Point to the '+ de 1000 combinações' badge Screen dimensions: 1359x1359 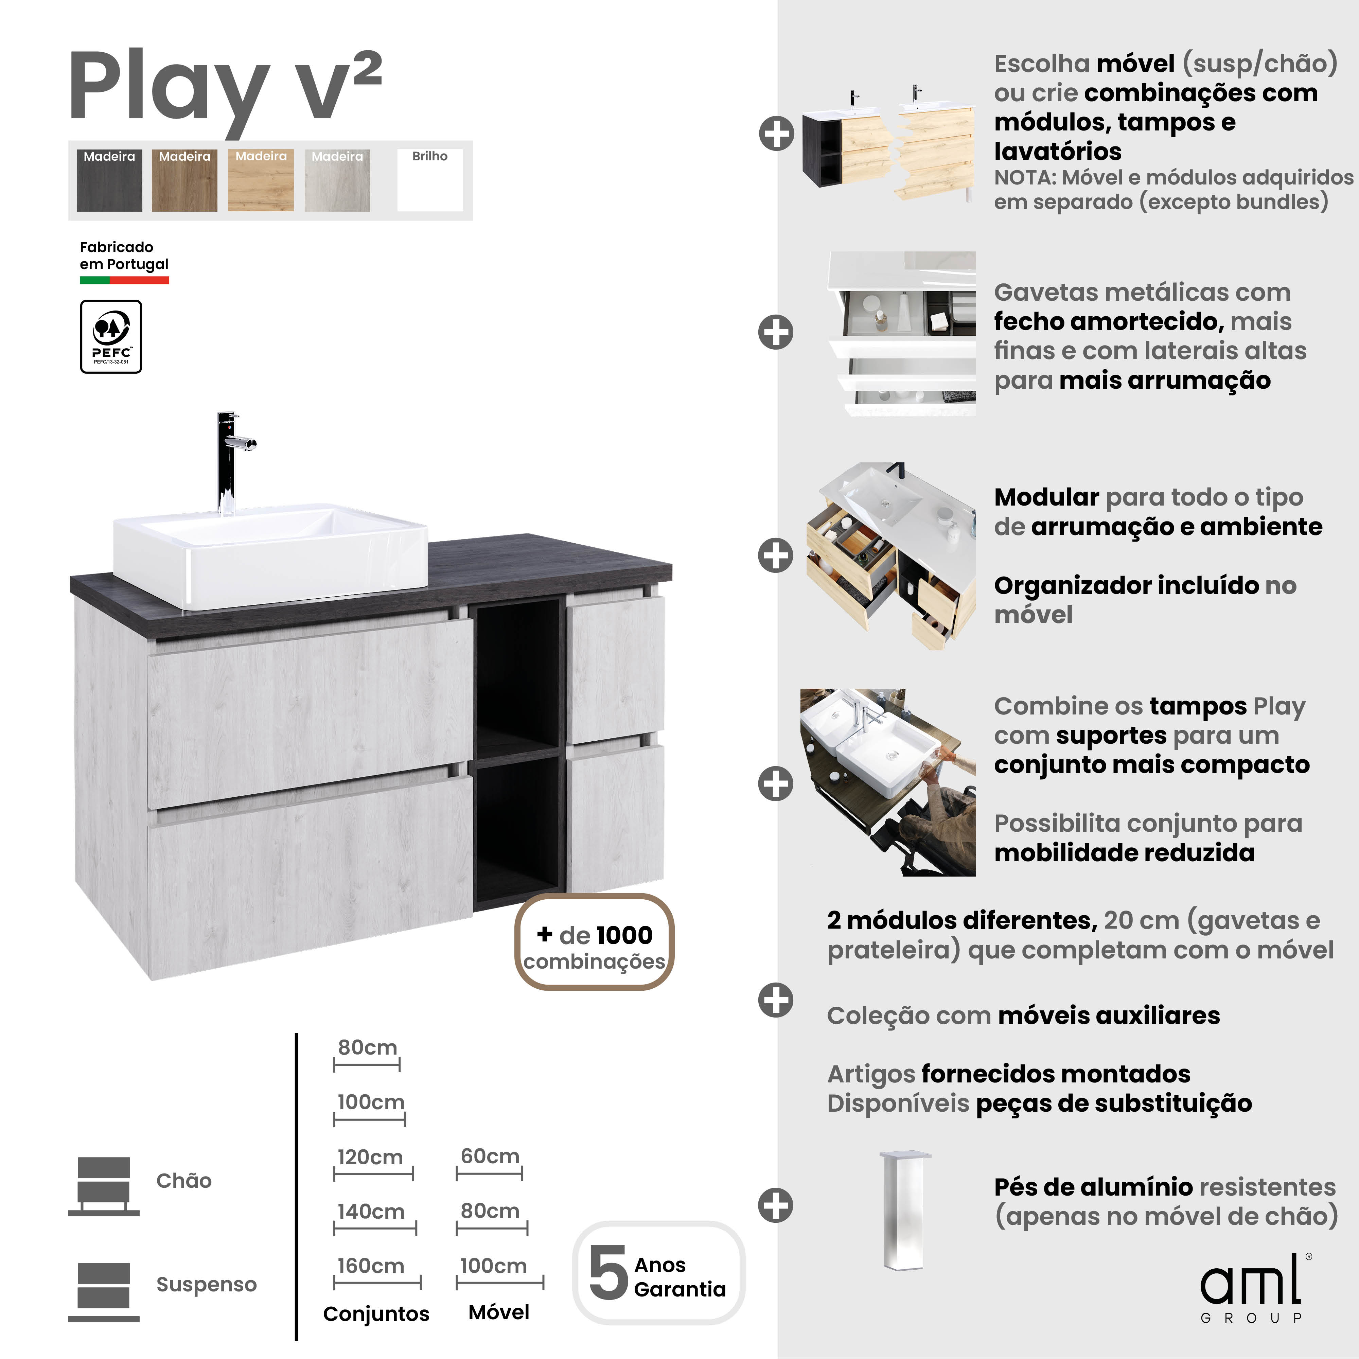[594, 942]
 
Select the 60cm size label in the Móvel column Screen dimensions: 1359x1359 [490, 1156]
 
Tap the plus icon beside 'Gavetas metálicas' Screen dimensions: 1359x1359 [776, 332]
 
